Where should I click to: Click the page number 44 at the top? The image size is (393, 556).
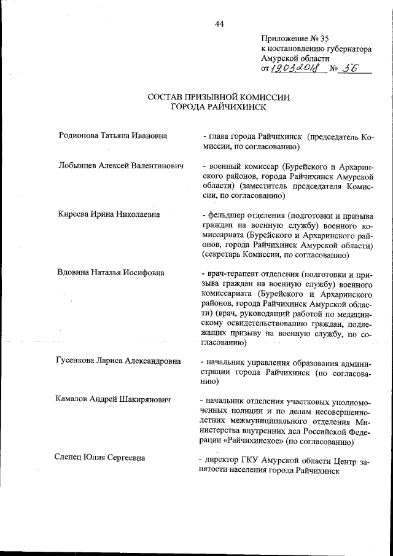[x=219, y=24]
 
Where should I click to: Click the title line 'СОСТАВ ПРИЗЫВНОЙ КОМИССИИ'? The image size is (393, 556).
[x=219, y=97]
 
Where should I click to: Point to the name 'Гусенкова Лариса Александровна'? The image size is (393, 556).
[x=118, y=361]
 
